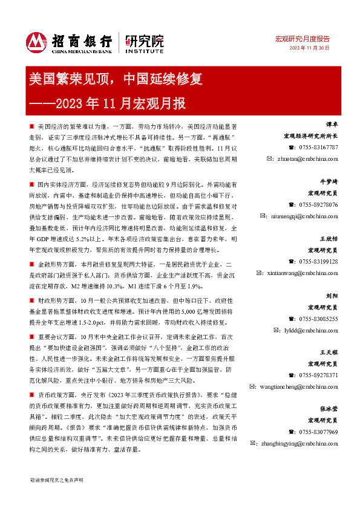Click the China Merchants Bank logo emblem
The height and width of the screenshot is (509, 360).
coord(37,42)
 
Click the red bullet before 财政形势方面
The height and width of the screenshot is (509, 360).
coord(32,299)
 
